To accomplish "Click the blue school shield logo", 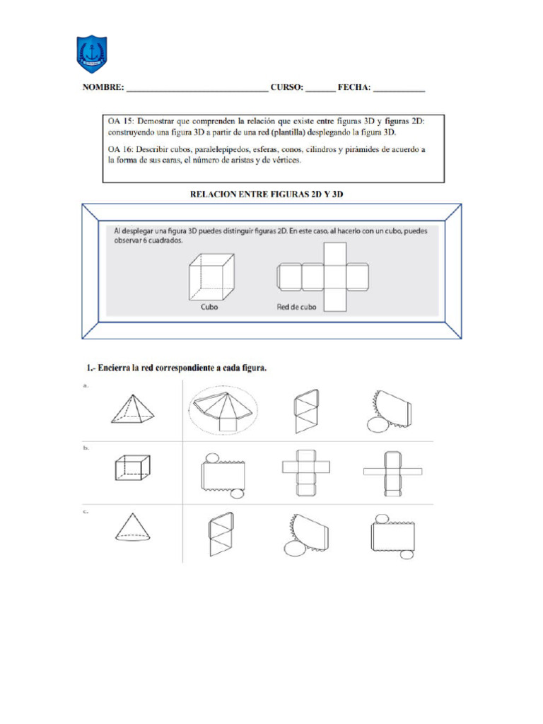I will click(x=92, y=54).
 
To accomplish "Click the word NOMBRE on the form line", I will click(x=103, y=88).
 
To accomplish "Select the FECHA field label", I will click(x=354, y=88).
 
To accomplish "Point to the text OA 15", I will click(x=121, y=122).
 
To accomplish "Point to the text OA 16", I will click(x=121, y=150).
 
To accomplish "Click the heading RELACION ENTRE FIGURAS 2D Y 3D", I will click(x=271, y=192).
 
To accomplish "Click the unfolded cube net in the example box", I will click(x=324, y=276).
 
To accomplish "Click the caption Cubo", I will click(x=209, y=308).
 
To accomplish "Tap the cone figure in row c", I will click(x=132, y=527).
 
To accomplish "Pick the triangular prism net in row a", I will click(x=305, y=410).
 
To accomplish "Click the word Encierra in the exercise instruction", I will click(x=118, y=368).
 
